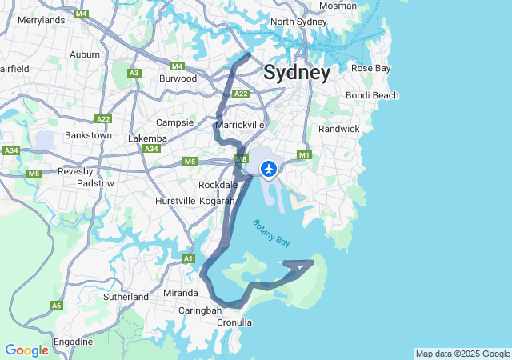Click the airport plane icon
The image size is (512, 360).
(268, 169)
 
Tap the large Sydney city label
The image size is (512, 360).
(296, 73)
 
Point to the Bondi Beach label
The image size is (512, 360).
(372, 96)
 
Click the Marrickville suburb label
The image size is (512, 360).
(239, 125)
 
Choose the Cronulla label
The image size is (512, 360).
(234, 322)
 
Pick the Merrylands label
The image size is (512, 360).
(41, 20)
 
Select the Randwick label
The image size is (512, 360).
(339, 129)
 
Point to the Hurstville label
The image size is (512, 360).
(175, 200)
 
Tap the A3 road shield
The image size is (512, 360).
(134, 73)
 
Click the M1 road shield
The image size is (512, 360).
(303, 155)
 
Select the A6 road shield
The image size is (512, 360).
(56, 305)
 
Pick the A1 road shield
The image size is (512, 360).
(188, 258)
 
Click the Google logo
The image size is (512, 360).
(26, 350)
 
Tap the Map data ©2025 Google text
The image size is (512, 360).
(462, 354)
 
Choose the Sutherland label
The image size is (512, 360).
(126, 297)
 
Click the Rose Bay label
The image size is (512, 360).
(371, 68)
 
